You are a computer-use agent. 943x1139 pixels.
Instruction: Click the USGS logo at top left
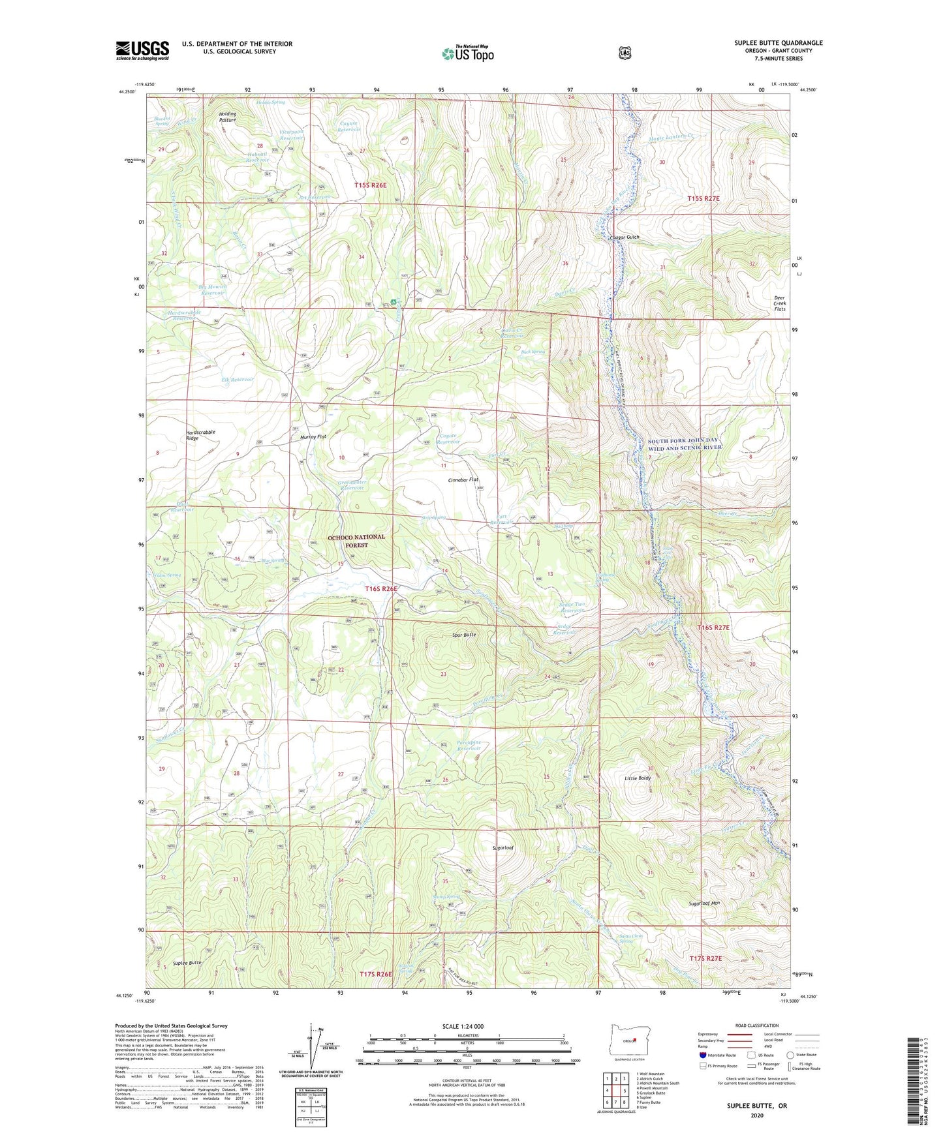pyautogui.click(x=142, y=50)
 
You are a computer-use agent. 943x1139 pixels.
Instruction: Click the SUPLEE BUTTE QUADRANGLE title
pyautogui.click(x=778, y=43)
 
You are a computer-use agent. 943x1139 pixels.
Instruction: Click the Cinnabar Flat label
pyautogui.click(x=463, y=479)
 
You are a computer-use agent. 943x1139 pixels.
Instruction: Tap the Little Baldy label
pyautogui.click(x=637, y=778)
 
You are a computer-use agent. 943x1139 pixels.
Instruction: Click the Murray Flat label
pyautogui.click(x=313, y=436)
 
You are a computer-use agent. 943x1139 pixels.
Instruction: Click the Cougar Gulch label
pyautogui.click(x=624, y=237)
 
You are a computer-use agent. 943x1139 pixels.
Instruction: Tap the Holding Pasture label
pyautogui.click(x=228, y=117)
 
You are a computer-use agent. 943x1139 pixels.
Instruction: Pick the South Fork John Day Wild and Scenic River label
pyautogui.click(x=685, y=444)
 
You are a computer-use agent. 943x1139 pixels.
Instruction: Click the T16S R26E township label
pyautogui.click(x=380, y=588)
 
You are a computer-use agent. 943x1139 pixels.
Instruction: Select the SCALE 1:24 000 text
pyautogui.click(x=463, y=1026)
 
